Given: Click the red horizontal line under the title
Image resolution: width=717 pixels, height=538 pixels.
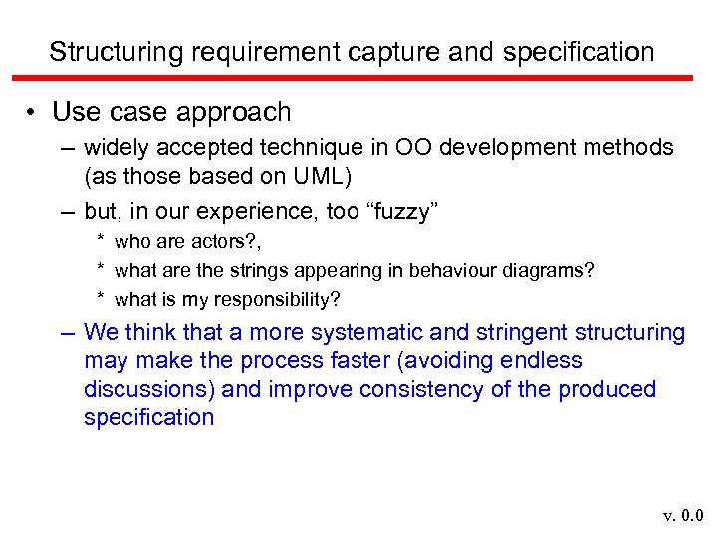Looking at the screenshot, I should coord(358,78).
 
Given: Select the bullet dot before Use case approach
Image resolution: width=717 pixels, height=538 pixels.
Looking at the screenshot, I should coord(32,112).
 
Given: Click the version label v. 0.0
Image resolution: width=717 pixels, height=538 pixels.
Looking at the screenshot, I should coord(684,515).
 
